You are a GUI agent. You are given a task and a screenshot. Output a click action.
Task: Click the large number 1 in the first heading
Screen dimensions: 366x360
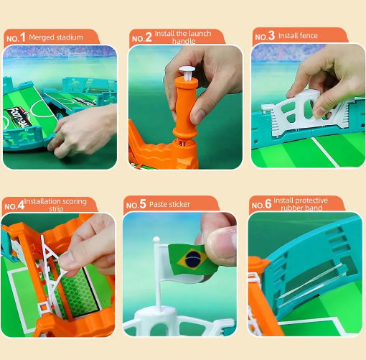pos(22,37)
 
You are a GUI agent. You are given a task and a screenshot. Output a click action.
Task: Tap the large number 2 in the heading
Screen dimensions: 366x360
pos(149,37)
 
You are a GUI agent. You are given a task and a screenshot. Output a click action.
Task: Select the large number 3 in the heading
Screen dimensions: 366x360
pos(271,36)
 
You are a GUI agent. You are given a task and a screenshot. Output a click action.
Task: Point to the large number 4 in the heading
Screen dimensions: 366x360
pos(21,205)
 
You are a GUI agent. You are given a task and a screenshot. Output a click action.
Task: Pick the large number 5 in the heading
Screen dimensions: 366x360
pos(143,203)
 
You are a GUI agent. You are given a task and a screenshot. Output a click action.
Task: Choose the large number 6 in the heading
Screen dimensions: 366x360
pos(268,204)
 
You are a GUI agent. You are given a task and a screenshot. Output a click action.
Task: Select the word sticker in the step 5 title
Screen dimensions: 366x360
pos(179,204)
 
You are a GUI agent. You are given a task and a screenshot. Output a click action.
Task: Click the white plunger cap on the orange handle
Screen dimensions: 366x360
pos(187,69)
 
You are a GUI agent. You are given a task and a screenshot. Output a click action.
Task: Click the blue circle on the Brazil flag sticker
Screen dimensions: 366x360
pos(193,259)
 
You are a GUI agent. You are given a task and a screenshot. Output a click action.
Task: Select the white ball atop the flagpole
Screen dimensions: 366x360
pos(156,239)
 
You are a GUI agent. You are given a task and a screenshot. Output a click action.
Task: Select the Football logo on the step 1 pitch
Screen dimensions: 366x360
pos(19,118)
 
